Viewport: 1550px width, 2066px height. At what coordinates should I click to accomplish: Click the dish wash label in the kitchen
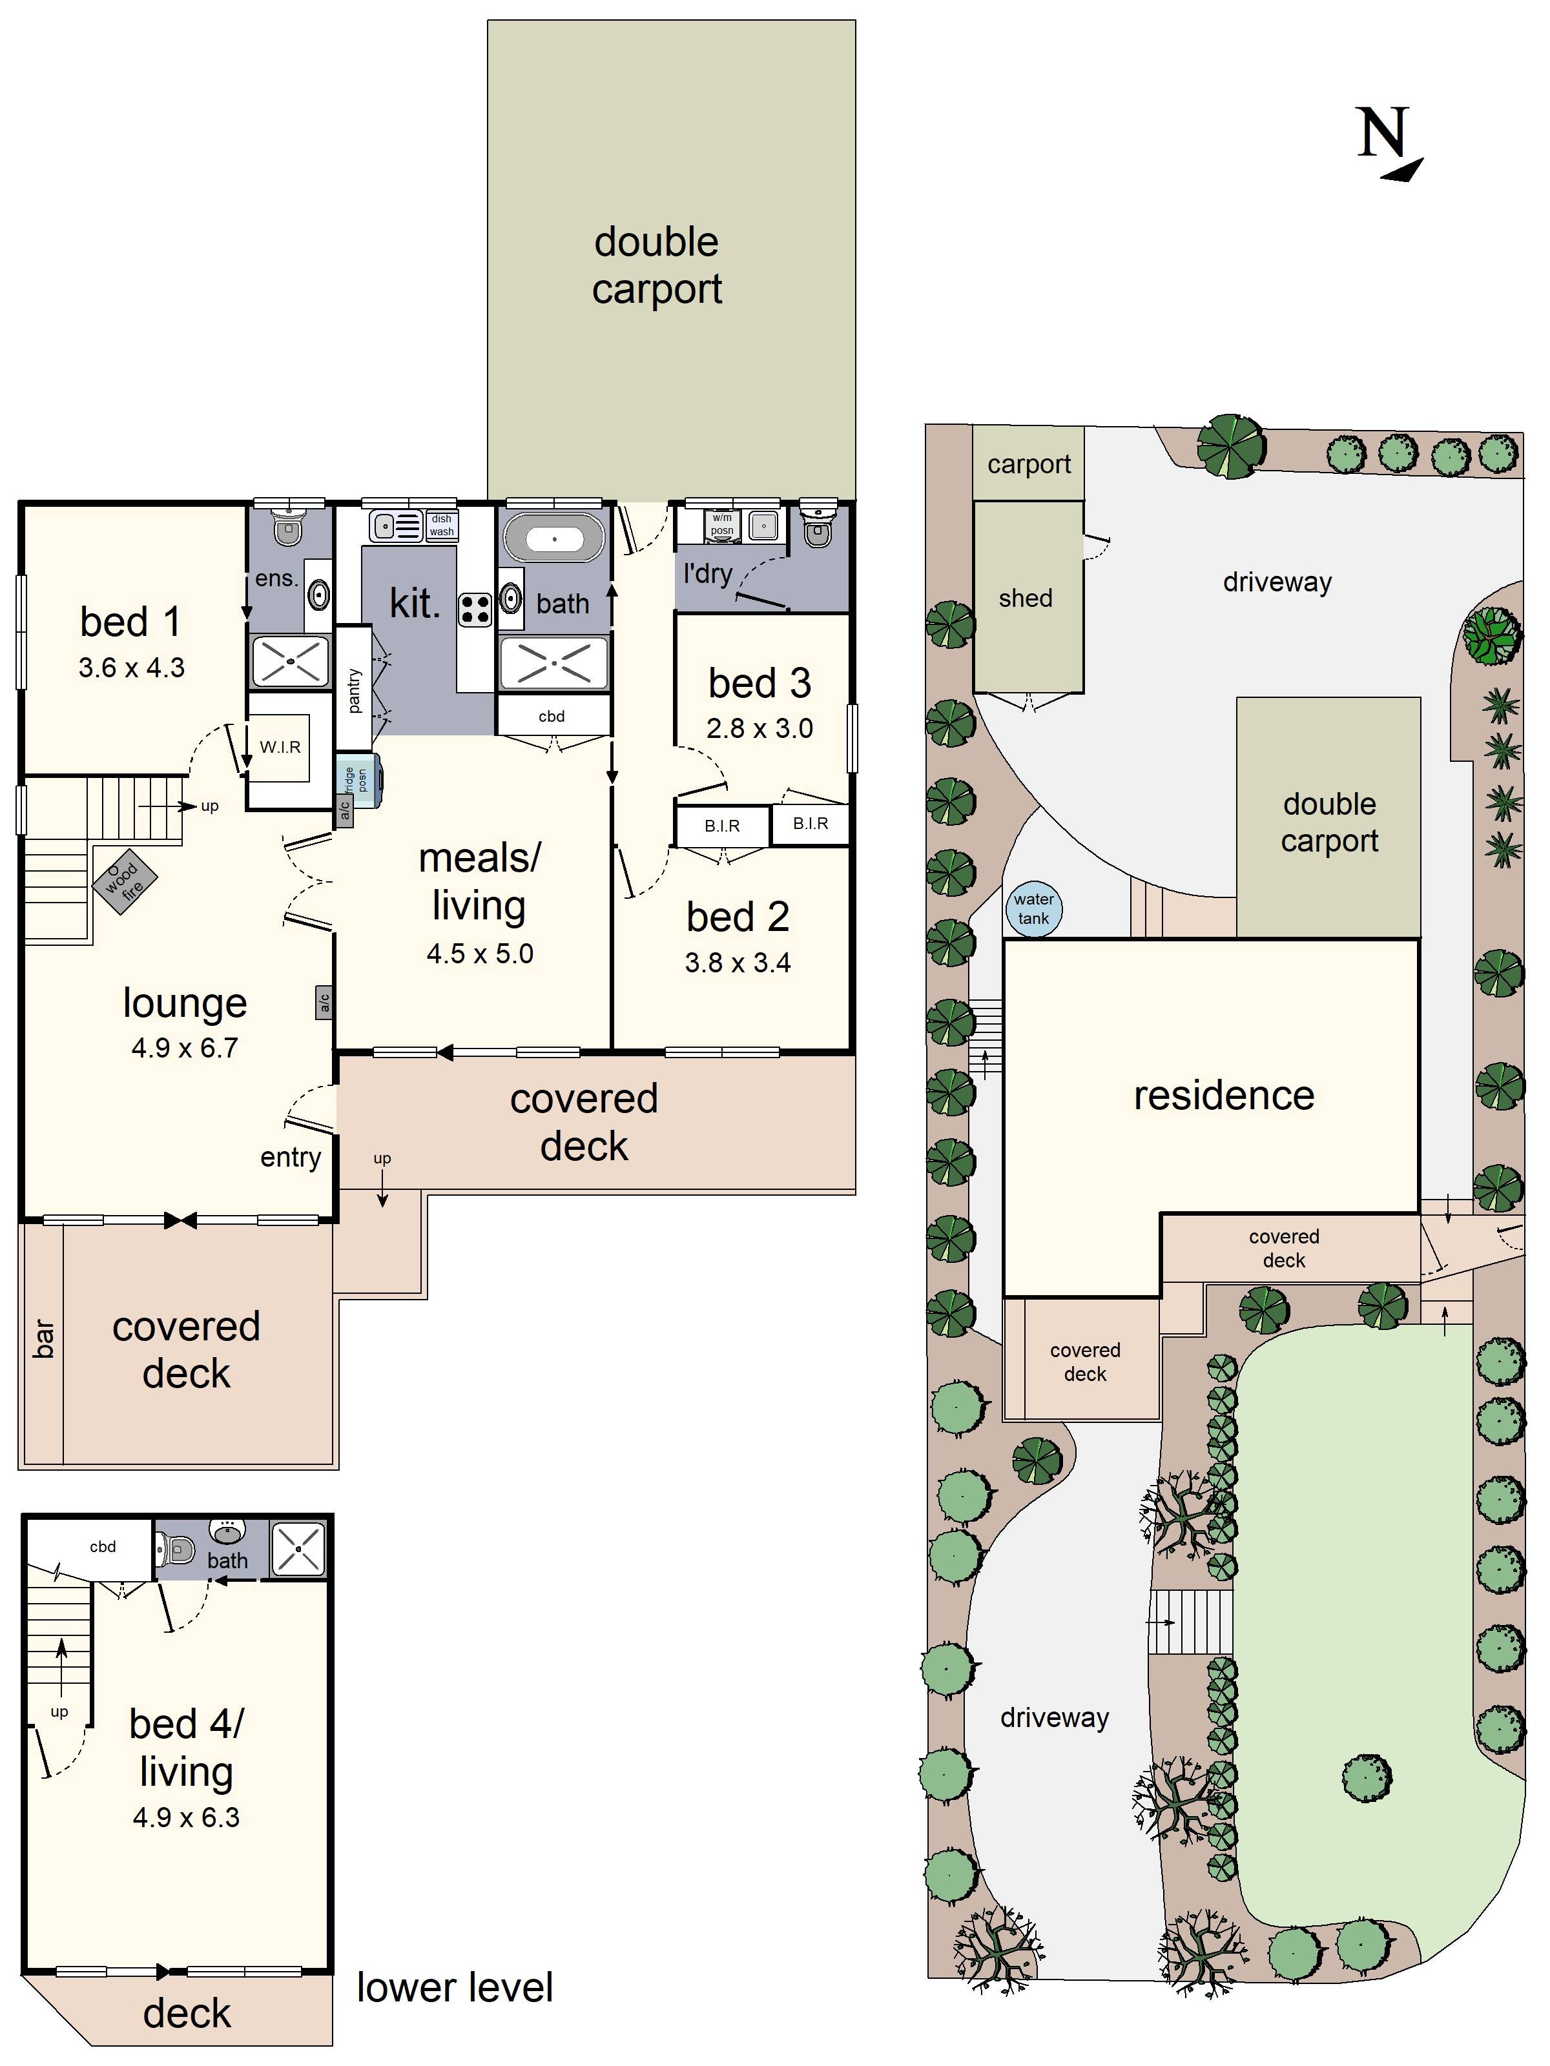pyautogui.click(x=442, y=525)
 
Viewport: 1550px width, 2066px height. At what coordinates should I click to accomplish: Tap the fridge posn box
pyautogui.click(x=359, y=779)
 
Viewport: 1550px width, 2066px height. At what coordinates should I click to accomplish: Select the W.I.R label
pyautogui.click(x=280, y=747)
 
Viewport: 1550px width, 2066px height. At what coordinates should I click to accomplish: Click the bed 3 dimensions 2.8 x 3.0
pyautogui.click(x=759, y=728)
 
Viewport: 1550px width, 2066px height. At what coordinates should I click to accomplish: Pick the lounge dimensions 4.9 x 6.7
pyautogui.click(x=184, y=1048)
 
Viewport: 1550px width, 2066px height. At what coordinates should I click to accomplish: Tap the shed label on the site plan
pyautogui.click(x=1025, y=598)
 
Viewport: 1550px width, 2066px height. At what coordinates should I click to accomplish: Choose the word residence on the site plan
pyautogui.click(x=1224, y=1096)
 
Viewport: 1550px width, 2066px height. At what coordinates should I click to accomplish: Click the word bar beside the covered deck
pyautogui.click(x=44, y=1338)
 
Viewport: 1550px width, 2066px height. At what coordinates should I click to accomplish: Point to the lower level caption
pyautogui.click(x=455, y=1987)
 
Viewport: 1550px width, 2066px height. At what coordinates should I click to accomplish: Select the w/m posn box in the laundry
pyautogui.click(x=722, y=524)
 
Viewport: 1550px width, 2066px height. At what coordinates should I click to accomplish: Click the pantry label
pyautogui.click(x=353, y=691)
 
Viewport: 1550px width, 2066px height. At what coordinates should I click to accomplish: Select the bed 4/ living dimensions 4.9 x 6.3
pyautogui.click(x=186, y=1817)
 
